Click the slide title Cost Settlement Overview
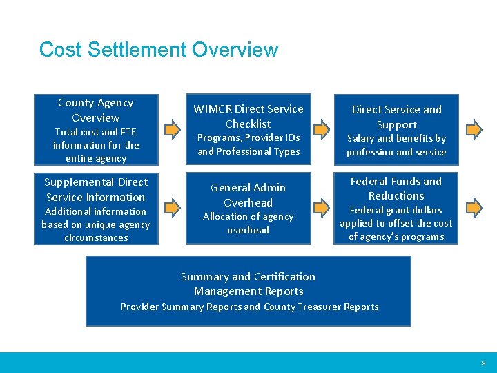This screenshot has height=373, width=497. click(x=158, y=50)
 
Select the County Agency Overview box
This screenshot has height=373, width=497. click(x=96, y=130)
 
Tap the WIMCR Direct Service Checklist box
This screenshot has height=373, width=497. click(x=248, y=129)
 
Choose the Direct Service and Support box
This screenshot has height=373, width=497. click(x=396, y=130)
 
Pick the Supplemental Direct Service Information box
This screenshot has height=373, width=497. click(x=96, y=209)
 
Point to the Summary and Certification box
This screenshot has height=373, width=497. click(x=248, y=291)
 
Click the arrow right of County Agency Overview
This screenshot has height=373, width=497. click(x=170, y=128)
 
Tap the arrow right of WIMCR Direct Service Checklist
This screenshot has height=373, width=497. click(x=322, y=128)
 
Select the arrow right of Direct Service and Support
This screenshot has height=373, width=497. click(x=473, y=128)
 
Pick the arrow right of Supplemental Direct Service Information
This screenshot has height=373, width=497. click(x=170, y=206)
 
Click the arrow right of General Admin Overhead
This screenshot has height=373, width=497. click(x=322, y=206)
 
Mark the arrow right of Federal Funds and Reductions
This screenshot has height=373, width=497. click(x=473, y=206)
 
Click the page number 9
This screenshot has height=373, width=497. click(x=483, y=363)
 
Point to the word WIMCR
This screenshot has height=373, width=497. click(x=213, y=109)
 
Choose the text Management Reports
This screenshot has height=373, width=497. click(x=248, y=291)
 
